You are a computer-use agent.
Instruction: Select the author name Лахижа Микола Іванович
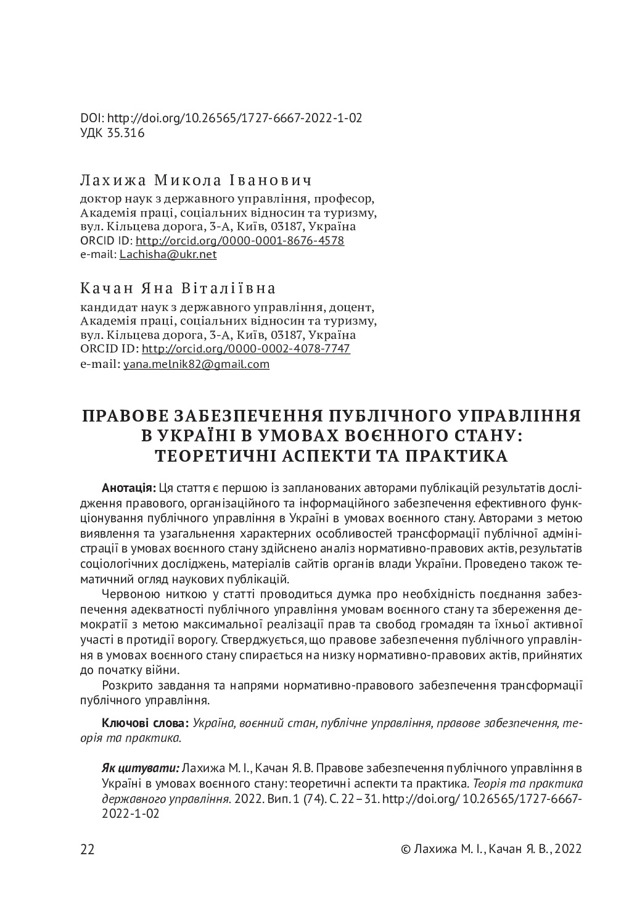(195, 181)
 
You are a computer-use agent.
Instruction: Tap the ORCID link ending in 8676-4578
(239, 240)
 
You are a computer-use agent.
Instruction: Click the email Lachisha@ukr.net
(168, 254)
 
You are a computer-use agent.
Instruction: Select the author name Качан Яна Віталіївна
(178, 289)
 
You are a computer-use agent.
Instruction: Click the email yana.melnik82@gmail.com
(196, 364)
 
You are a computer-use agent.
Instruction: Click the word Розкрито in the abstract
(123, 686)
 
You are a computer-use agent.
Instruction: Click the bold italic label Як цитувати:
(140, 768)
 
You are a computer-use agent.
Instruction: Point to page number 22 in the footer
(88, 849)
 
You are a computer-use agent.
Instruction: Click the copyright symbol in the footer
(405, 849)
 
